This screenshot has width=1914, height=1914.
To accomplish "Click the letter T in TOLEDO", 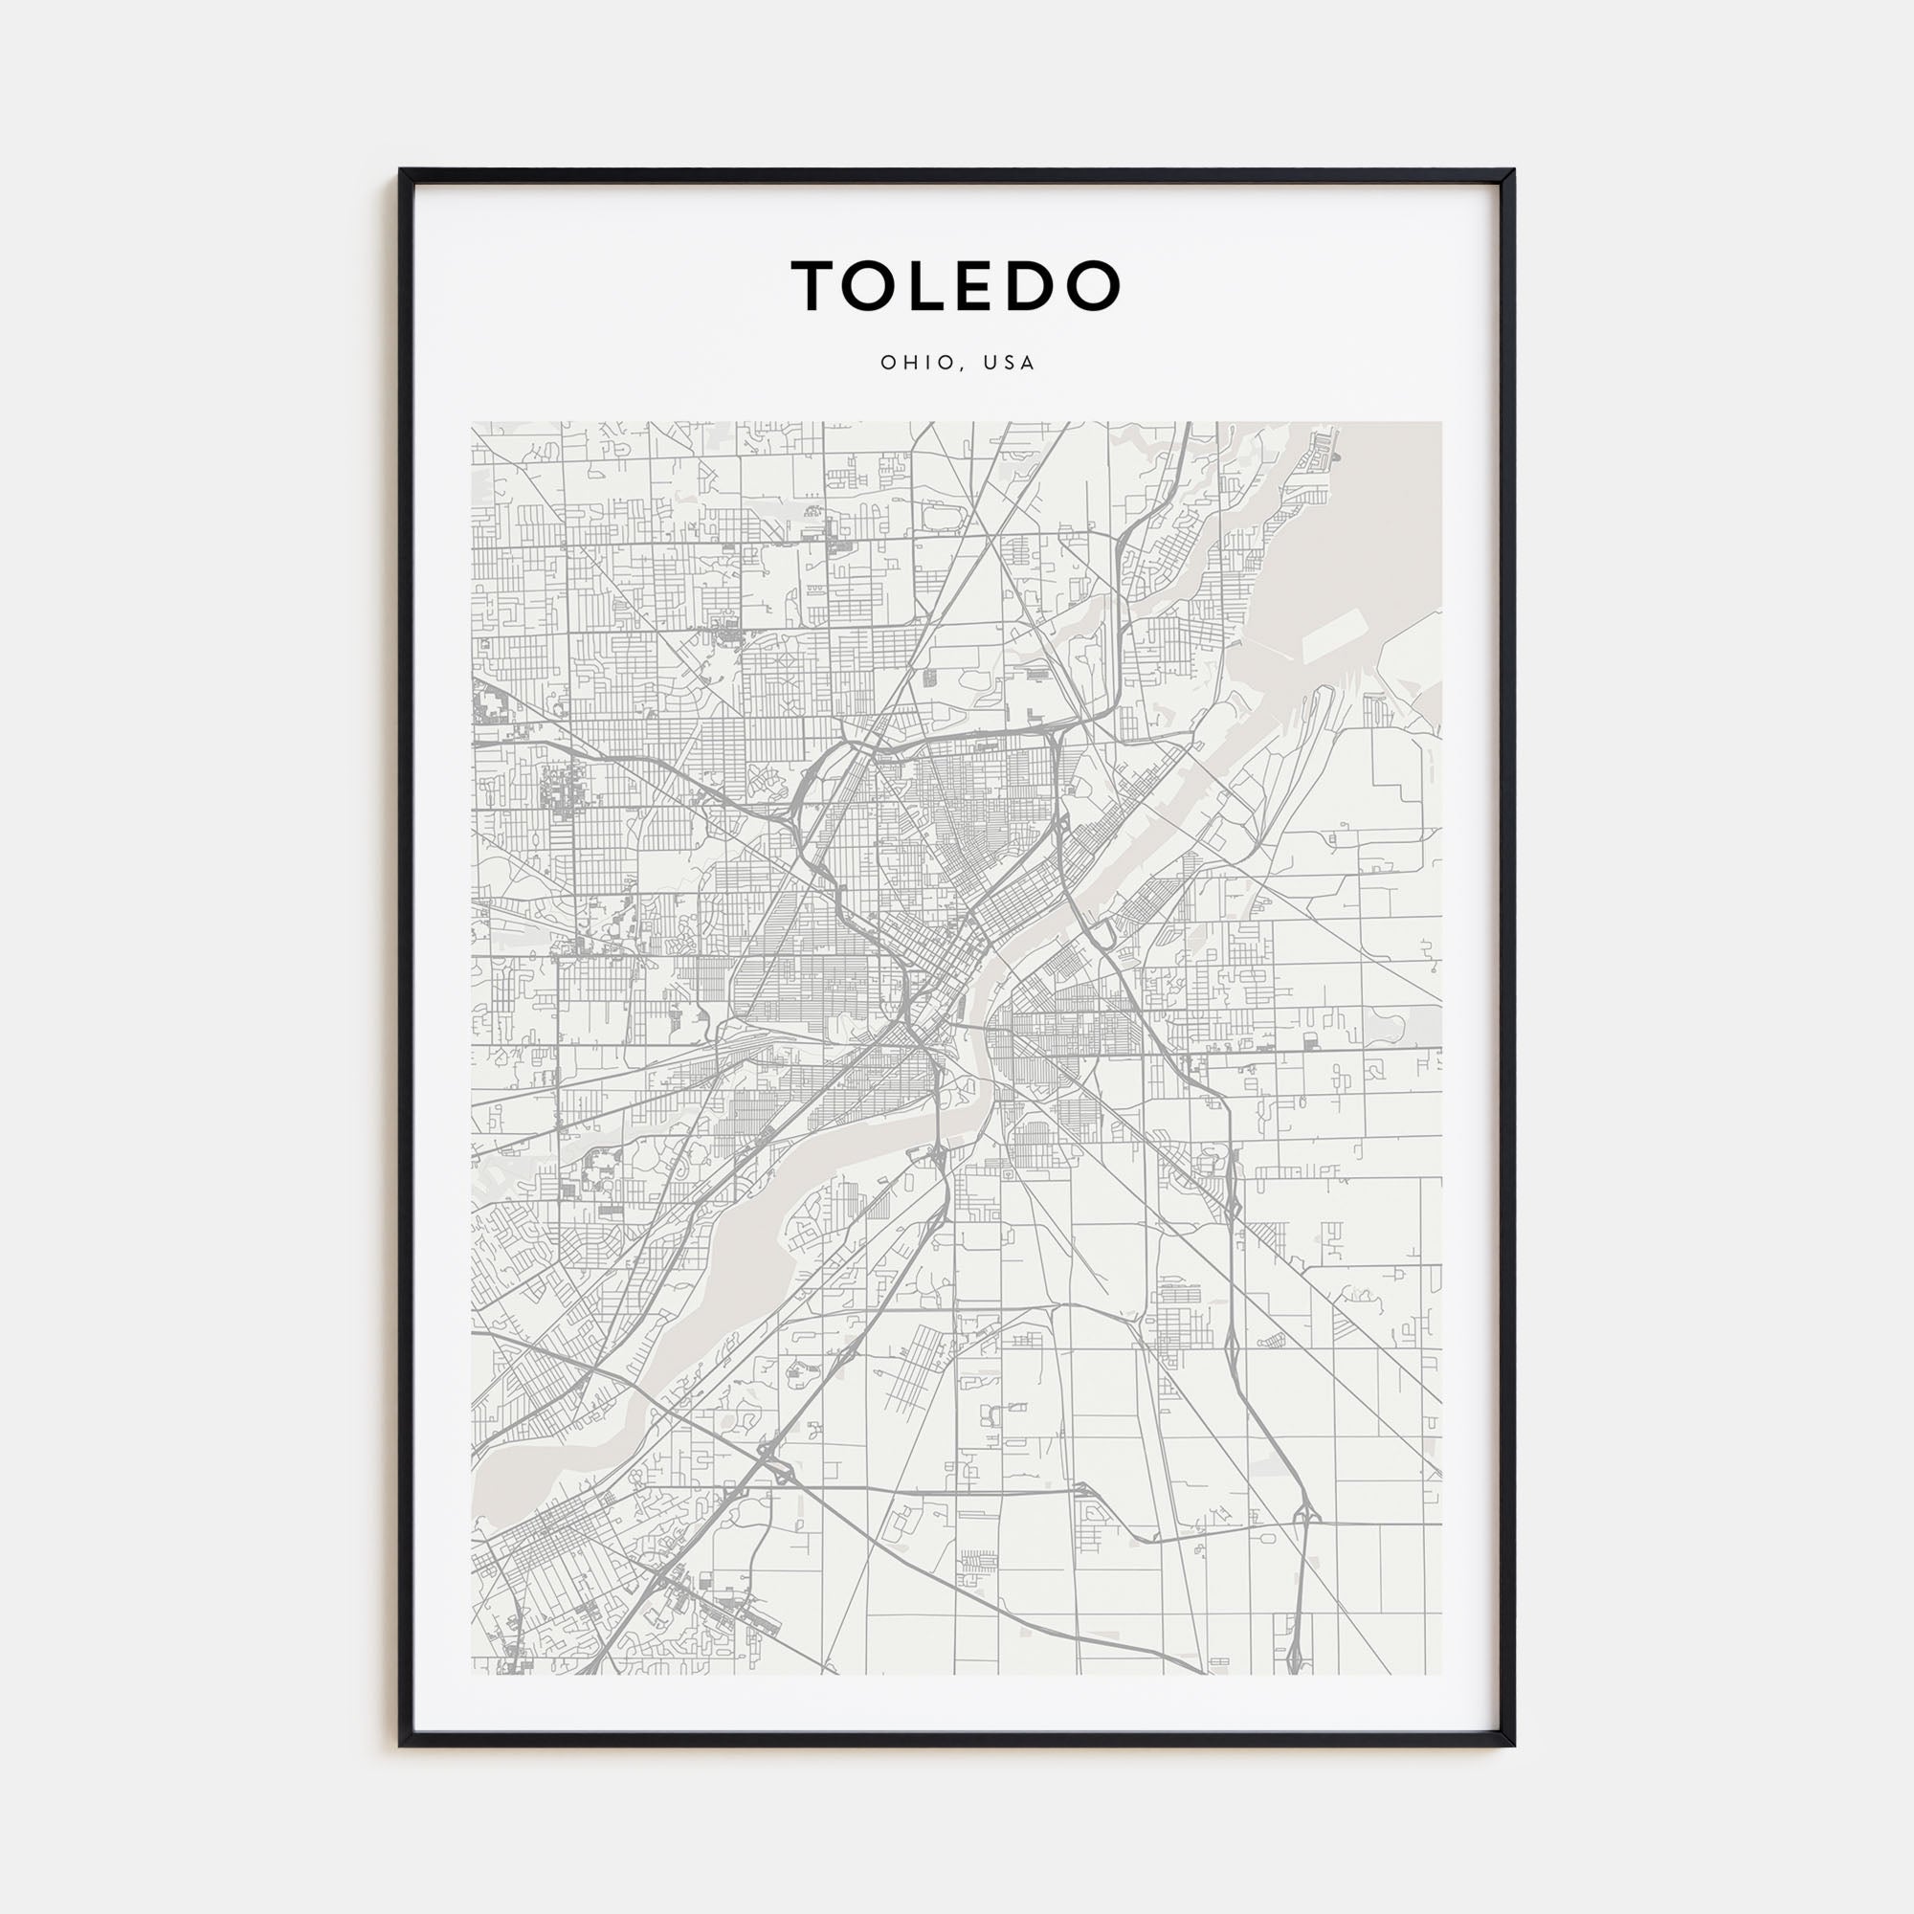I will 813,285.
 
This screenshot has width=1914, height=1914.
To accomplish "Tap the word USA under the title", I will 1010,363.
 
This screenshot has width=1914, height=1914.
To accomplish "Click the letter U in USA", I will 990,363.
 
